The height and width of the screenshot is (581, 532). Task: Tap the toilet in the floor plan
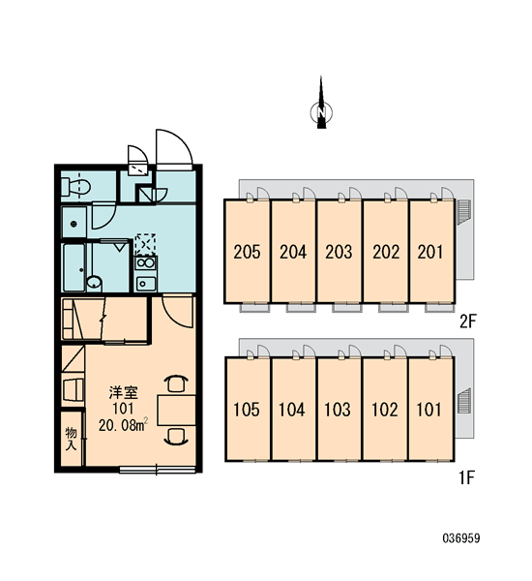click(x=75, y=187)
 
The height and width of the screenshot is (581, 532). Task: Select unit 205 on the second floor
click(x=247, y=252)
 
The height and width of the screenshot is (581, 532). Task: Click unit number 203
click(x=339, y=252)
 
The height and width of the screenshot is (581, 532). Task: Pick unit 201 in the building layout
click(x=431, y=252)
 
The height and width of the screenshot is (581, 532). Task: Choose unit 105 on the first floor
click(x=248, y=409)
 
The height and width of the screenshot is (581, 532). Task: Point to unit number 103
click(x=338, y=410)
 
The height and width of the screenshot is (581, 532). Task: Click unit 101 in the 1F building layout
click(x=431, y=409)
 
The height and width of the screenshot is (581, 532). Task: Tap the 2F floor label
click(x=467, y=321)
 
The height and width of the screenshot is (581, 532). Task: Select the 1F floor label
click(x=467, y=477)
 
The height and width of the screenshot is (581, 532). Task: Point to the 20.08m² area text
click(x=124, y=425)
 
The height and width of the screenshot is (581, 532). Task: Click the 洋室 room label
click(x=123, y=393)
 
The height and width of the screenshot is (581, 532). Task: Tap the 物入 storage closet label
click(x=71, y=439)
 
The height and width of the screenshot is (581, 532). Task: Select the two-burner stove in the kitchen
click(x=145, y=263)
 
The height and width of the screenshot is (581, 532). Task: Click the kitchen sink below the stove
click(x=146, y=284)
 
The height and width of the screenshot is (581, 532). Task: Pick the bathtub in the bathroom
click(x=74, y=267)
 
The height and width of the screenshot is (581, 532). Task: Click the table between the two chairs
click(x=177, y=410)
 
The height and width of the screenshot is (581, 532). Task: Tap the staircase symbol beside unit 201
click(x=464, y=212)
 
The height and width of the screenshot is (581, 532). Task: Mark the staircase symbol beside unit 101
click(x=464, y=401)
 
